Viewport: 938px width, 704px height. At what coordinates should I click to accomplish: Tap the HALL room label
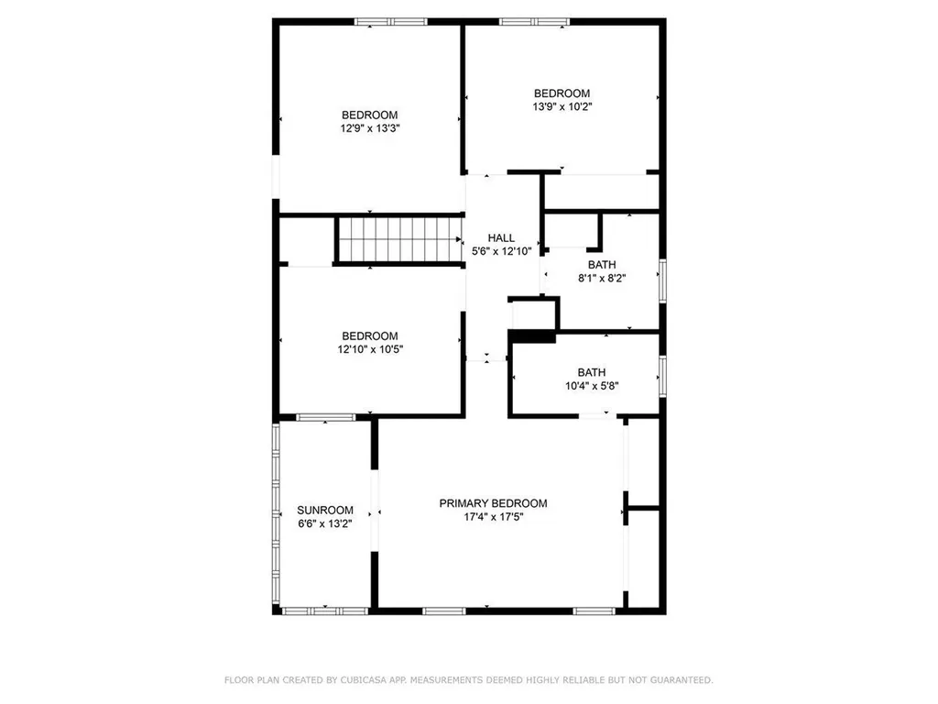click(x=500, y=238)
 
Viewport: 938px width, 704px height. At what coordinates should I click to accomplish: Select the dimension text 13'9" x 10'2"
click(x=562, y=106)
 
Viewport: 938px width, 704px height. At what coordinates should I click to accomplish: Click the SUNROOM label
click(x=325, y=511)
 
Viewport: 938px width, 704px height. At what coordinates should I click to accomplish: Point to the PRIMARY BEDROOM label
click(x=493, y=503)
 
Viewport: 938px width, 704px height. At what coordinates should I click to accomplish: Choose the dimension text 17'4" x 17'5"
click(x=493, y=517)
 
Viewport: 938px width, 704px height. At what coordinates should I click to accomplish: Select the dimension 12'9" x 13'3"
click(x=369, y=128)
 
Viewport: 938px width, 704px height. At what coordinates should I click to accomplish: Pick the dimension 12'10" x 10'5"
click(x=370, y=348)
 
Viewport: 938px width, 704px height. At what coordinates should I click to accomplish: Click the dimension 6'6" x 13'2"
click(x=325, y=524)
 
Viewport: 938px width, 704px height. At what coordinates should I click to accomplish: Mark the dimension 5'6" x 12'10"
click(x=500, y=251)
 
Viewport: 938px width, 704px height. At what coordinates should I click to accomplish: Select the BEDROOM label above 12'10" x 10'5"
click(x=370, y=335)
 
